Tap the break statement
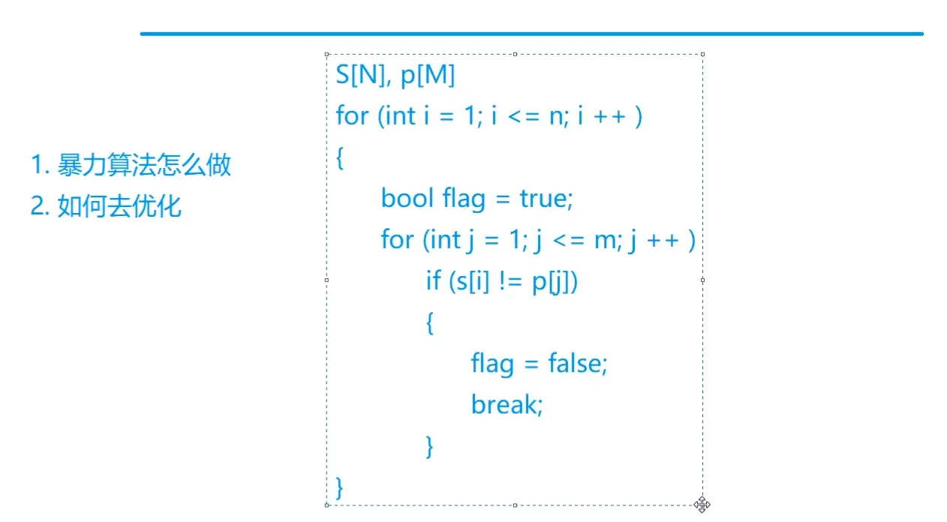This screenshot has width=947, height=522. pyautogui.click(x=507, y=405)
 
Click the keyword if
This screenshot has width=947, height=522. pyautogui.click(x=433, y=281)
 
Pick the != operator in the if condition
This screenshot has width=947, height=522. pyautogui.click(x=510, y=281)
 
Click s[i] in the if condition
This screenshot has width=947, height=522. pyautogui.click(x=473, y=281)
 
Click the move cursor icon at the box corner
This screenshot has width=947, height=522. pyautogui.click(x=702, y=504)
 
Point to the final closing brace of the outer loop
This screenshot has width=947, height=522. pyautogui.click(x=340, y=487)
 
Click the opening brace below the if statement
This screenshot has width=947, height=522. pyautogui.click(x=430, y=323)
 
